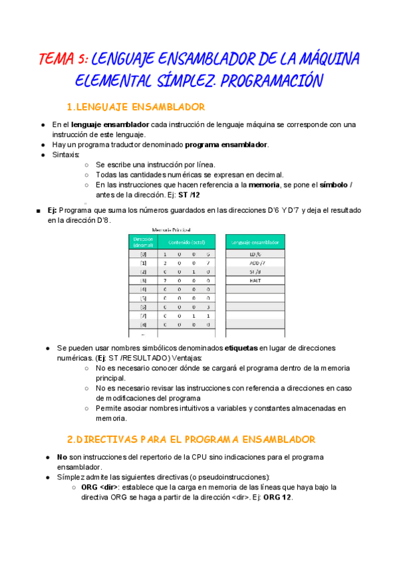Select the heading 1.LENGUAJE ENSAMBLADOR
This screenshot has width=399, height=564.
(x=136, y=107)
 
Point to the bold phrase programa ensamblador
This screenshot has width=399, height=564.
(x=227, y=144)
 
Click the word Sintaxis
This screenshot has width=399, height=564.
(x=66, y=154)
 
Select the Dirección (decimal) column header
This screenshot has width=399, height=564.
(x=143, y=242)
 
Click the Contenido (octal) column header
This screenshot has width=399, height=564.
(x=187, y=242)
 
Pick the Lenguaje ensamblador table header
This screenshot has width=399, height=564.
(x=255, y=242)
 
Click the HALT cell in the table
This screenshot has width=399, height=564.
(x=255, y=281)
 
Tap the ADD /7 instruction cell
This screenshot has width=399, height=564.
(x=255, y=263)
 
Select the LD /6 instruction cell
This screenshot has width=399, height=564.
(x=255, y=255)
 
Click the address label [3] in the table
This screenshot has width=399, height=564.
(x=143, y=281)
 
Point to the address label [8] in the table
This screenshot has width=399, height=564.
(x=143, y=325)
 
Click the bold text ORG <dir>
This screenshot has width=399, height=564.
(x=99, y=487)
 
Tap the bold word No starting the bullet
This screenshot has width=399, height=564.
(x=62, y=458)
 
